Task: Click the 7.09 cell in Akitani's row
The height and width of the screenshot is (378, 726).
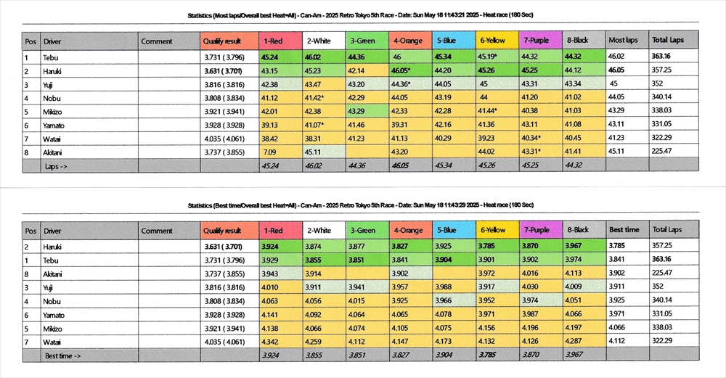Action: (269, 152)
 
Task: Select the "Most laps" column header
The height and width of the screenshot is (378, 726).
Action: (623, 40)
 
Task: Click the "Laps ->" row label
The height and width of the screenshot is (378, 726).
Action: (56, 166)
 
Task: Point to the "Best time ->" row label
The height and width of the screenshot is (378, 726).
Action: (63, 356)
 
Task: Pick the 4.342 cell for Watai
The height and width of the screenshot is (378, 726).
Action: (270, 342)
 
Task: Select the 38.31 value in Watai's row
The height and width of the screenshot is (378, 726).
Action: (312, 139)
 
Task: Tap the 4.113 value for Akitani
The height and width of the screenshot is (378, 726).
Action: (574, 273)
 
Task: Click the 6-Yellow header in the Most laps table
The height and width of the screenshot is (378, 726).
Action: (493, 41)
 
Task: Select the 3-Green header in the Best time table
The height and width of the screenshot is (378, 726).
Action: (362, 230)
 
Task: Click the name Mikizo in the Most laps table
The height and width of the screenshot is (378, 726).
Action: (52, 112)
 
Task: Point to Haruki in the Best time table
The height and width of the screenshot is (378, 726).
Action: (52, 247)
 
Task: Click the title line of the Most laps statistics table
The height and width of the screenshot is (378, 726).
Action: (360, 15)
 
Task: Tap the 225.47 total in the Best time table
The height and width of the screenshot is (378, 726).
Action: (661, 273)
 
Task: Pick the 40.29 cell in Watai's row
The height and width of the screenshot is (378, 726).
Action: (443, 139)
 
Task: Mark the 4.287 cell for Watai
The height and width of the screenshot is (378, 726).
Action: (574, 342)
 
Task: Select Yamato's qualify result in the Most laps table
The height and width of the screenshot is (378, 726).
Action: (224, 125)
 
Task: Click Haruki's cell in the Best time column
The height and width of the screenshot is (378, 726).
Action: (617, 247)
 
